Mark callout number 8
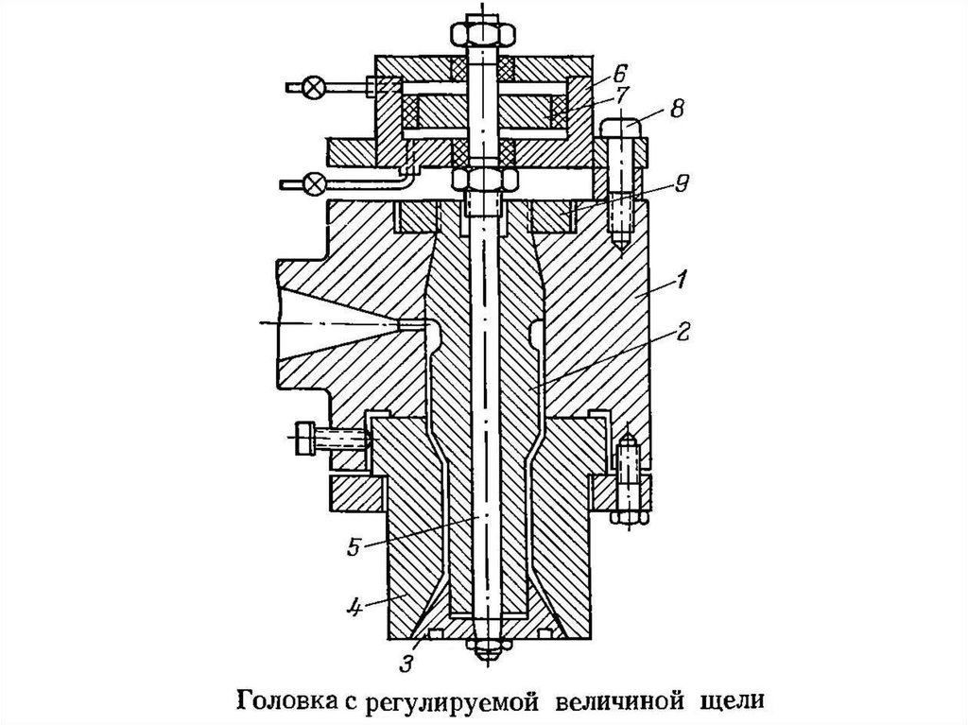point(676,110)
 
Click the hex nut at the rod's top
point(484,33)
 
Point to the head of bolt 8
point(620,128)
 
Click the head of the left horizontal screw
point(303,439)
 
